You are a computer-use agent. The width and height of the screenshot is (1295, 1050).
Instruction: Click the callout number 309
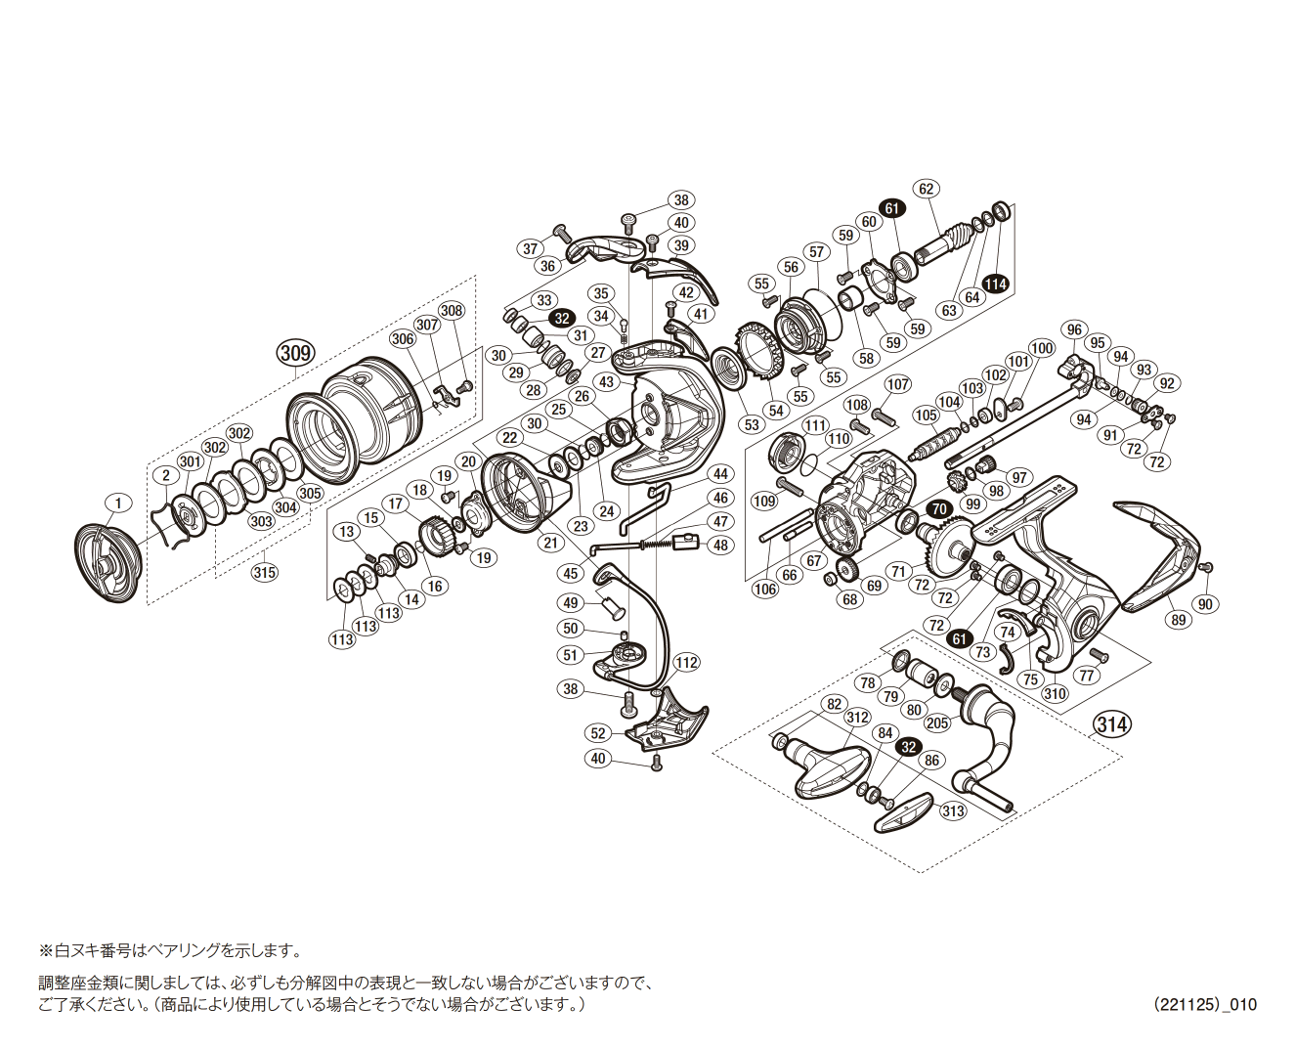click(294, 352)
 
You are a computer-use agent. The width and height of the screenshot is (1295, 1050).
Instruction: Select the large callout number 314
click(1112, 724)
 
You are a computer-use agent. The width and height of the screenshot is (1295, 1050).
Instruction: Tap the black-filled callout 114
click(995, 284)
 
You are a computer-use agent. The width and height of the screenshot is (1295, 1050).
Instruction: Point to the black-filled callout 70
click(939, 509)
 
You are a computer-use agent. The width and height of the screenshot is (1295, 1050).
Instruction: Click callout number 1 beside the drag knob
click(117, 503)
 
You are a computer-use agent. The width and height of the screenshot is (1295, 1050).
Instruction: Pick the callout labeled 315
click(264, 573)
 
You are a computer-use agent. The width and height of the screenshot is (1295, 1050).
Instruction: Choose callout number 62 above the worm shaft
click(926, 190)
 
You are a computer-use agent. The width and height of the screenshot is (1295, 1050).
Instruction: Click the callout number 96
click(1075, 330)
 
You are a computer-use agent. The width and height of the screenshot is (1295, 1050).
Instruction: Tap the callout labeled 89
click(1178, 620)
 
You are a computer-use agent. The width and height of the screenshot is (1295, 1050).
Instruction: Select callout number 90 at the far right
click(1205, 604)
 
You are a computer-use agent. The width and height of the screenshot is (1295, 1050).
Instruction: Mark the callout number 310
click(1055, 694)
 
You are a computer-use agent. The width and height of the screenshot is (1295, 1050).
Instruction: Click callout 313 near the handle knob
click(953, 810)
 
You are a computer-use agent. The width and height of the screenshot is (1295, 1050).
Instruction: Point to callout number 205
click(936, 722)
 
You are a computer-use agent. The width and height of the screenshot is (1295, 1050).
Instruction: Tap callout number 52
click(599, 733)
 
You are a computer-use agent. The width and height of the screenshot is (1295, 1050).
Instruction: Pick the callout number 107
click(897, 384)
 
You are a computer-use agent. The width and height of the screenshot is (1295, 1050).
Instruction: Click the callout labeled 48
click(720, 546)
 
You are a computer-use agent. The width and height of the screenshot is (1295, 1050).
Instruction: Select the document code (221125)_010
click(1204, 1004)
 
